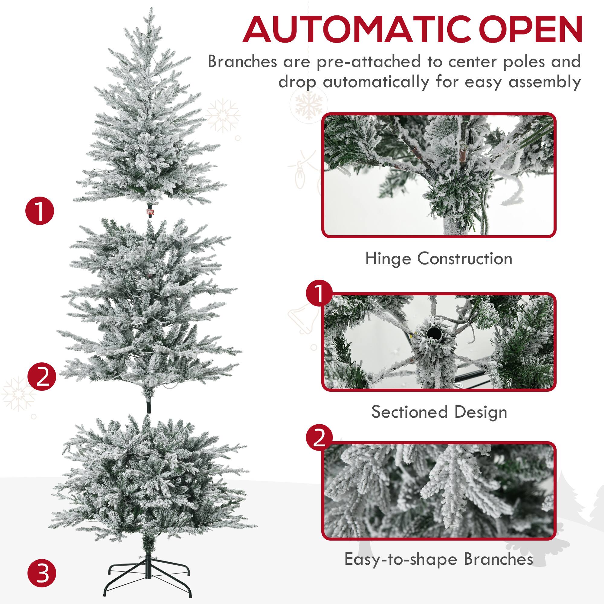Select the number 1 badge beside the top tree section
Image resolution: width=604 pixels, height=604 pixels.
pyautogui.click(x=40, y=212)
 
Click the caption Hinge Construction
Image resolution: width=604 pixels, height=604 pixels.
pyautogui.click(x=439, y=259)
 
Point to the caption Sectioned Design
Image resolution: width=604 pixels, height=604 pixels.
pyautogui.click(x=439, y=412)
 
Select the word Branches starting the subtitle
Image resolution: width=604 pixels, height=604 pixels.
pyautogui.click(x=242, y=62)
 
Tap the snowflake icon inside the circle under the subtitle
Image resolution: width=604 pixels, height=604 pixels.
pyautogui.click(x=309, y=104)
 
